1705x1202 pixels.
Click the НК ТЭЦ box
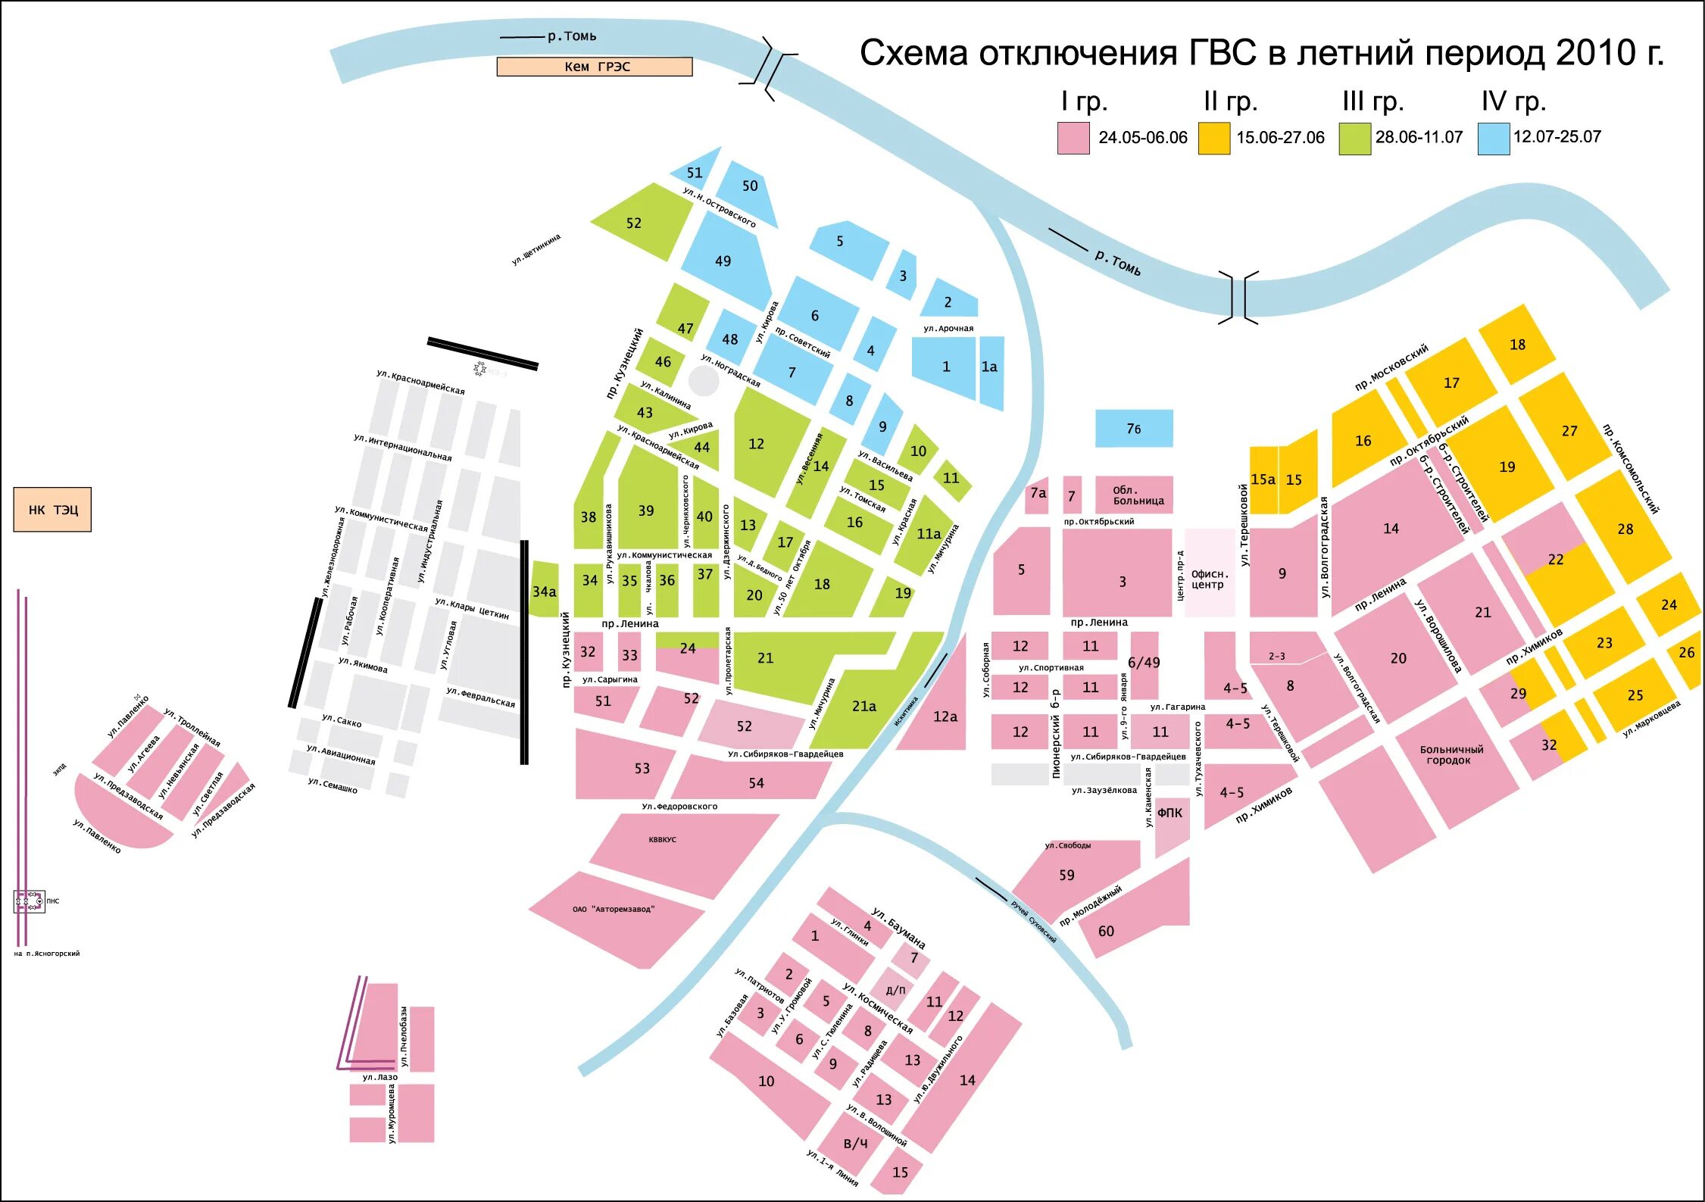click(52, 510)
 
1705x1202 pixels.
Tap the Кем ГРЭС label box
click(595, 67)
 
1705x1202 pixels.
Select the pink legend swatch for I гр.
click(1073, 138)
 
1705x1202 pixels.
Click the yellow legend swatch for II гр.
click(1213, 138)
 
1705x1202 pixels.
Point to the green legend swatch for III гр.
click(1354, 138)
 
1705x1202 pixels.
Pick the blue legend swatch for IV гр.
click(1494, 138)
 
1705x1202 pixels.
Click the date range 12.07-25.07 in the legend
click(1557, 137)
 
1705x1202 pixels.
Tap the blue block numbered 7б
click(1134, 429)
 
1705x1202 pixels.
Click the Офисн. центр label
click(1209, 579)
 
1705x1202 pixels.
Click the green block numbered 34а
click(544, 591)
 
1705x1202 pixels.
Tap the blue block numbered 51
click(695, 172)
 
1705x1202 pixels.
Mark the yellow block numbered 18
click(1517, 345)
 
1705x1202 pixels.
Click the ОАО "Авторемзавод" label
click(613, 909)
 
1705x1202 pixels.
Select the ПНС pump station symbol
click(30, 901)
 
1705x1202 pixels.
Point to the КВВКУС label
click(662, 840)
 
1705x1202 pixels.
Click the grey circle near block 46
click(704, 380)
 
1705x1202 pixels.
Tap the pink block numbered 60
click(1106, 931)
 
